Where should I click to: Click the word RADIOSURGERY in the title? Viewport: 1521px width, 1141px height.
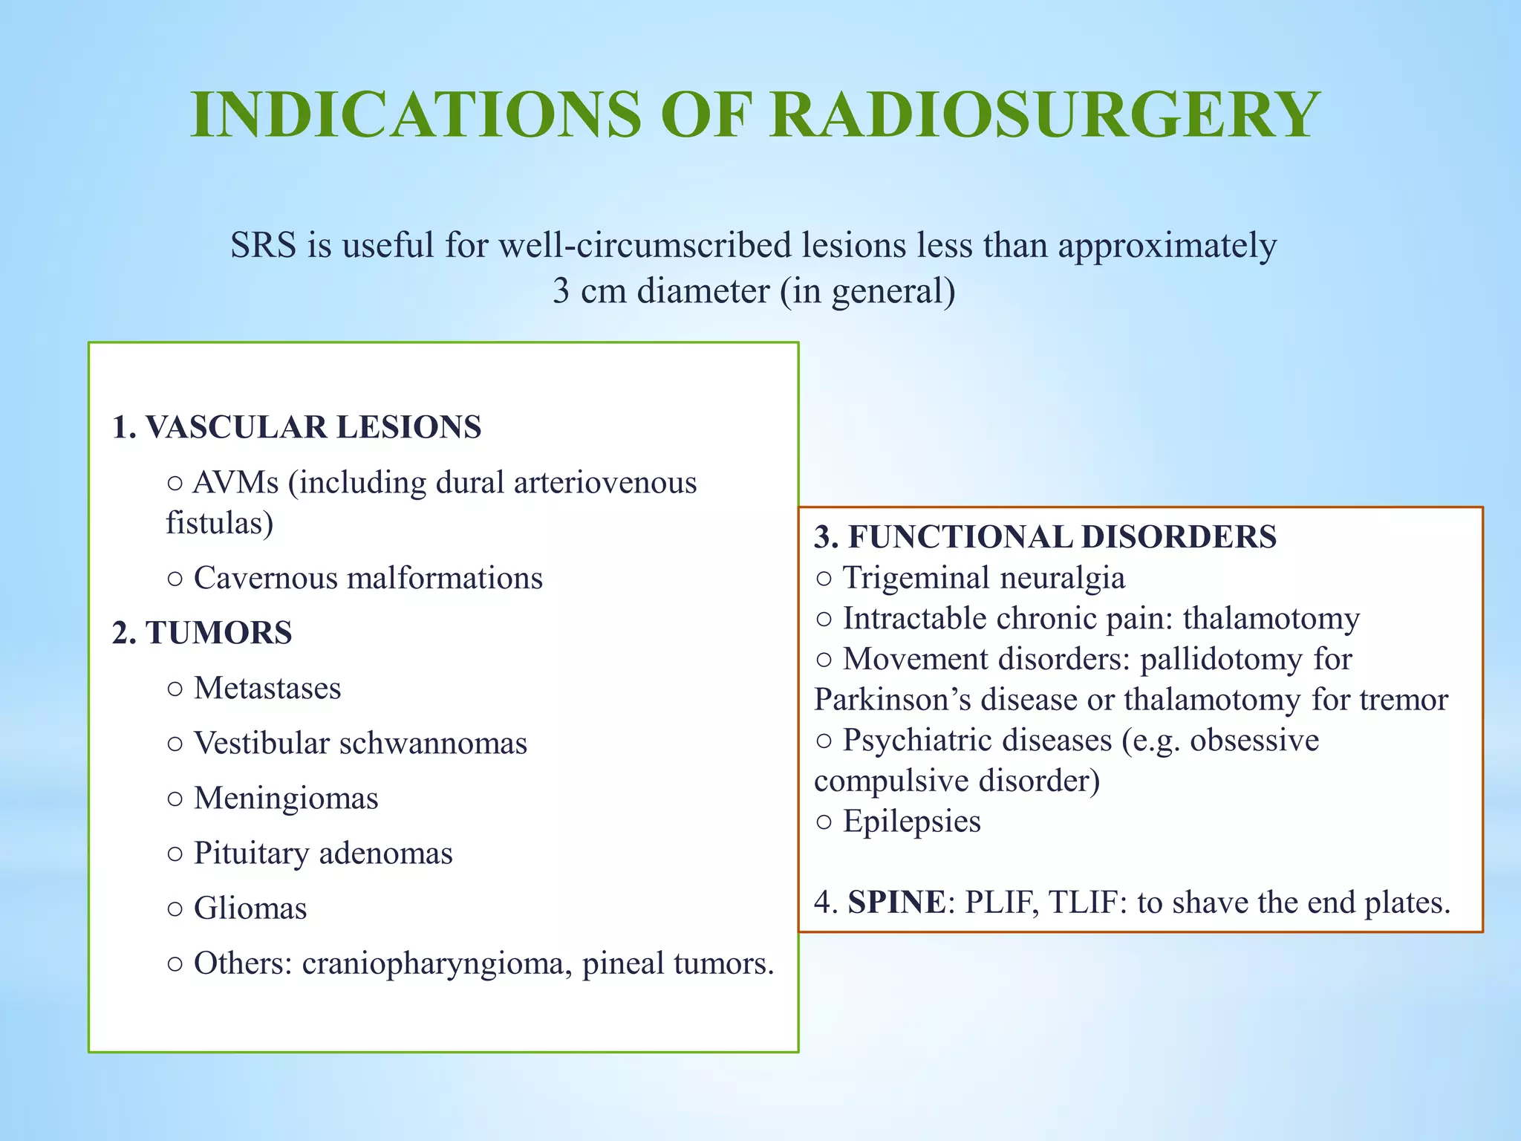pos(1044,115)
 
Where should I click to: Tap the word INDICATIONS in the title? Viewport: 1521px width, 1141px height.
pos(416,115)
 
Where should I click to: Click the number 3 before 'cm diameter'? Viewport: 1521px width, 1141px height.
pos(561,291)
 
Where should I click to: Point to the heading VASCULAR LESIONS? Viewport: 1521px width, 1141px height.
pos(313,428)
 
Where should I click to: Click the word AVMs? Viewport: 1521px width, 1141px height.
pos(235,484)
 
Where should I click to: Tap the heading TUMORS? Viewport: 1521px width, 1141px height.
pos(218,634)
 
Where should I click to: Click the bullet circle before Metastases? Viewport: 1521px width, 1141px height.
pos(175,689)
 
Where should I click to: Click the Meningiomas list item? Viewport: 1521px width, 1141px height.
pos(286,799)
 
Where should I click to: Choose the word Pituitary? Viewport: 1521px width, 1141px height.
pos(251,854)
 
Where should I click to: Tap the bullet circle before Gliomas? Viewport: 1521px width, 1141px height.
pos(175,909)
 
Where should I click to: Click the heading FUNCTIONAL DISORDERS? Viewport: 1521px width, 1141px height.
pos(1062,537)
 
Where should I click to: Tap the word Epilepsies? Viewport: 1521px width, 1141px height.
pos(911,822)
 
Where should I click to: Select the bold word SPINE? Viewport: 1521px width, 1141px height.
pos(896,903)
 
